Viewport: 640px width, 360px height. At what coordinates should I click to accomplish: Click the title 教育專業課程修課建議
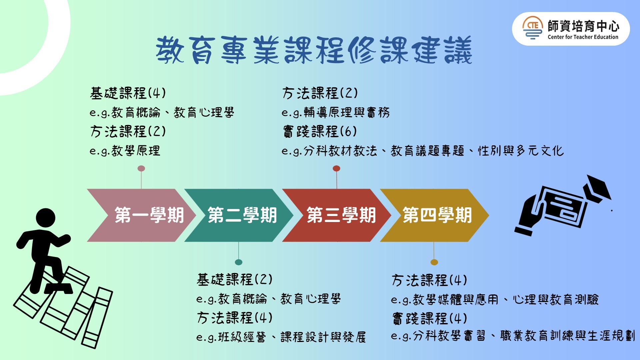[314, 50]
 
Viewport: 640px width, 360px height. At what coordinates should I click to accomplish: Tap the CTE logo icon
[533, 28]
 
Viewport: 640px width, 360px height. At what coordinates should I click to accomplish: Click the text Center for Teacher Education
[583, 37]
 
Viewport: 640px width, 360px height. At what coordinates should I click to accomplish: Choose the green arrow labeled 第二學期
[239, 215]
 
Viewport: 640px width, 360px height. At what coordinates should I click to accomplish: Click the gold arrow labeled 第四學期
[434, 215]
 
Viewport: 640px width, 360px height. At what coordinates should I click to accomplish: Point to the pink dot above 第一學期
[141, 168]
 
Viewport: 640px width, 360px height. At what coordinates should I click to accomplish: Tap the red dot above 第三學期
[337, 168]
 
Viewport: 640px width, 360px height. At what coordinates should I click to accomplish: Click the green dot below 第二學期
[239, 262]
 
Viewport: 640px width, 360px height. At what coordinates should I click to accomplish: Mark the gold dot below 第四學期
[434, 262]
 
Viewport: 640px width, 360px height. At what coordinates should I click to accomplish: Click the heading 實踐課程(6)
[320, 131]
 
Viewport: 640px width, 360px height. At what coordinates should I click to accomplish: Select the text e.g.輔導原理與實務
[336, 113]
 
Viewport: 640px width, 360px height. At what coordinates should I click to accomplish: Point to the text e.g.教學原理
[125, 151]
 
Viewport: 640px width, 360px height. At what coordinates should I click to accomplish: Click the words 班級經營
[242, 337]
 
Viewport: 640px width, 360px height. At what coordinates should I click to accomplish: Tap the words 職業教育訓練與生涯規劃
[568, 336]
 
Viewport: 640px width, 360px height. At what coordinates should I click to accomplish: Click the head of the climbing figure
[46, 218]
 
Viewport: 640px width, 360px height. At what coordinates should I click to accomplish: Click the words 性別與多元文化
[521, 151]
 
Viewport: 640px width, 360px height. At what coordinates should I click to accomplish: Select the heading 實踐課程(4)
[430, 318]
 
